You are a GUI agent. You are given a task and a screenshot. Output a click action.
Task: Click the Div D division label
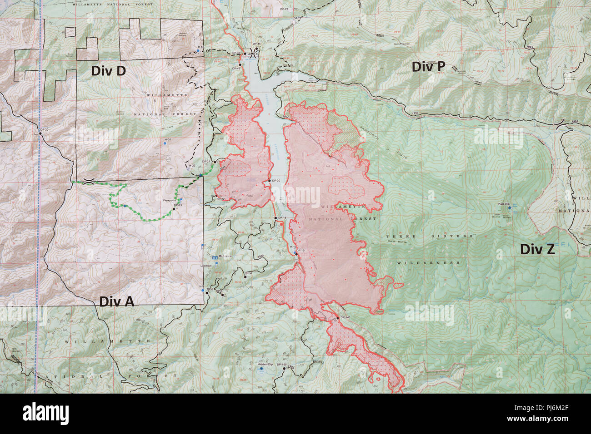(108, 71)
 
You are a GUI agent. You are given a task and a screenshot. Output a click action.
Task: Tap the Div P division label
(428, 67)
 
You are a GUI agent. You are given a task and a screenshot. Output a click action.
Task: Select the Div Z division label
(537, 249)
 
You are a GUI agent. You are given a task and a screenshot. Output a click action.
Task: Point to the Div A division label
(117, 301)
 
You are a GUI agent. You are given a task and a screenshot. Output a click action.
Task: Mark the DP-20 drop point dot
(269, 181)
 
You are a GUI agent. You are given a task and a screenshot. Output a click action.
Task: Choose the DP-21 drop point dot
(214, 161)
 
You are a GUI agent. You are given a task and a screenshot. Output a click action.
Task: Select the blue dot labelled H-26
(165, 143)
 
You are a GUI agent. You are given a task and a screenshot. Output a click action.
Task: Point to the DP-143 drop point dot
(337, 319)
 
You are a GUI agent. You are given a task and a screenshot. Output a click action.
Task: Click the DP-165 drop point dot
(285, 369)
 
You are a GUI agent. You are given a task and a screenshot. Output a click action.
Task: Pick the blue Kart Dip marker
(509, 207)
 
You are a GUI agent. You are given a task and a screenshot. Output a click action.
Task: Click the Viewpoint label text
(170, 200)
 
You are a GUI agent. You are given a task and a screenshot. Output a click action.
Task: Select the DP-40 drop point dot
(245, 54)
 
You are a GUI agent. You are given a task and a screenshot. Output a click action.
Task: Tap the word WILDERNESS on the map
(428, 263)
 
